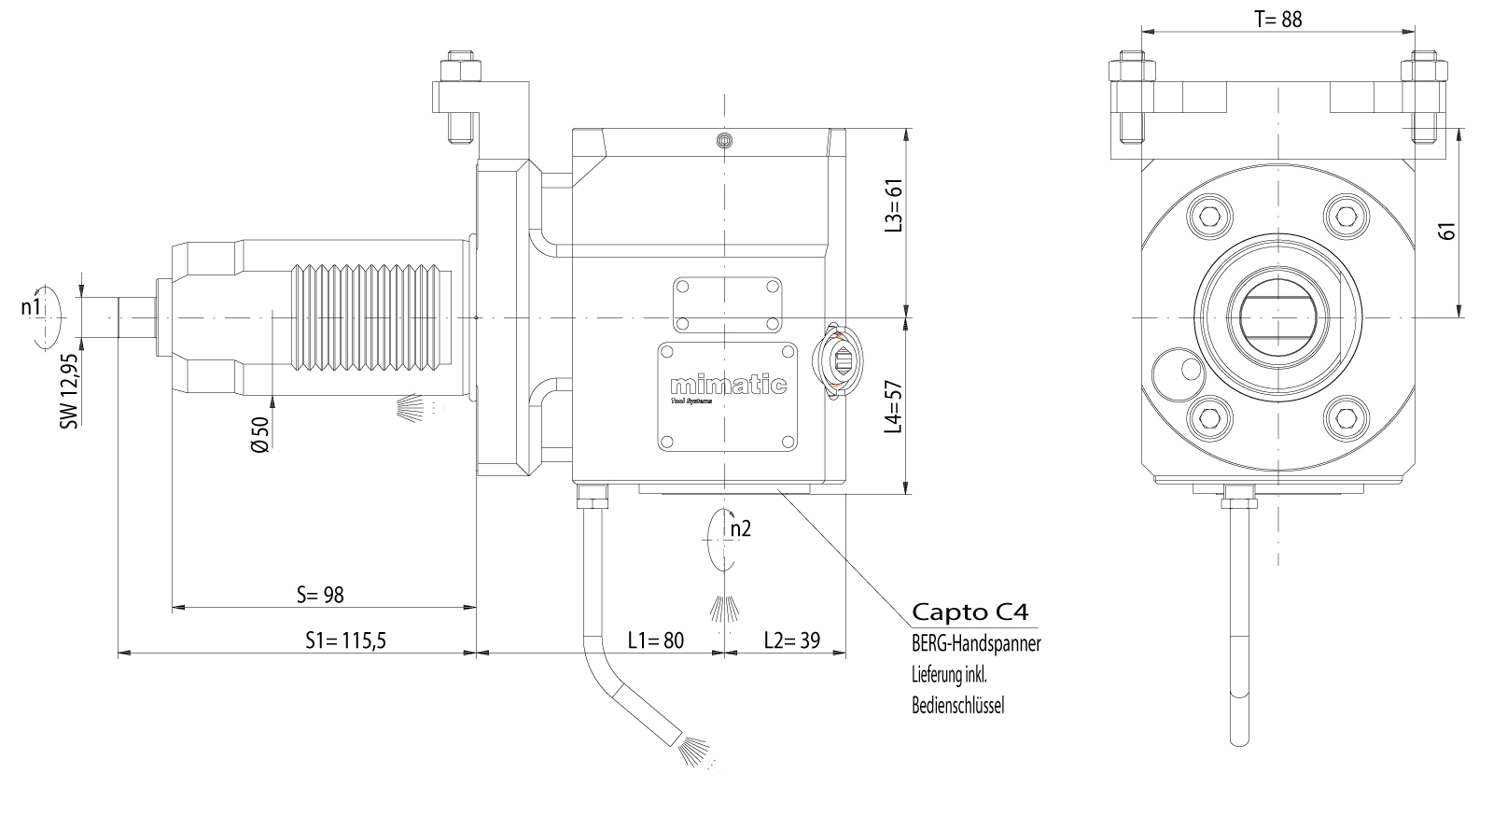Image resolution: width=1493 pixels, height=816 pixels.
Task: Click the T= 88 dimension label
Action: point(1277,19)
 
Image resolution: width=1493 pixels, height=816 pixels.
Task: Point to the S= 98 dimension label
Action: point(320,595)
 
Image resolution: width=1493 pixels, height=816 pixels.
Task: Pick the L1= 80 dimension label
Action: point(655,640)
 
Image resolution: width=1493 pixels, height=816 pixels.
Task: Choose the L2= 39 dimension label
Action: point(791,640)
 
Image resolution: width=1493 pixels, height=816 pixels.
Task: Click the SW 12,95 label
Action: point(68,390)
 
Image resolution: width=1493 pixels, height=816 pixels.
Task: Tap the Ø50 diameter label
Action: point(261,435)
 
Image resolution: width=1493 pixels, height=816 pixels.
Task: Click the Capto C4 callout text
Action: point(970,612)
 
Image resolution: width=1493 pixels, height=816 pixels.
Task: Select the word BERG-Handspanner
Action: point(975,643)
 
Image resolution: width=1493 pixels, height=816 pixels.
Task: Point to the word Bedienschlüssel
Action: point(957,706)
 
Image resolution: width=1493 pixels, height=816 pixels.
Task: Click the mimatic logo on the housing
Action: point(729,386)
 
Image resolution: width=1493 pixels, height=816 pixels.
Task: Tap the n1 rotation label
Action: point(31,307)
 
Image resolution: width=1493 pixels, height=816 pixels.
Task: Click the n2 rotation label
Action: point(741,528)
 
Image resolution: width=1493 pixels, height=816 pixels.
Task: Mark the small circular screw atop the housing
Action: point(723,141)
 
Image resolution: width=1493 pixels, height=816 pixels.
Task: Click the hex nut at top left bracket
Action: point(461,71)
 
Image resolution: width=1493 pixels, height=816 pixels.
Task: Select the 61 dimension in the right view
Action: point(1447,231)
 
